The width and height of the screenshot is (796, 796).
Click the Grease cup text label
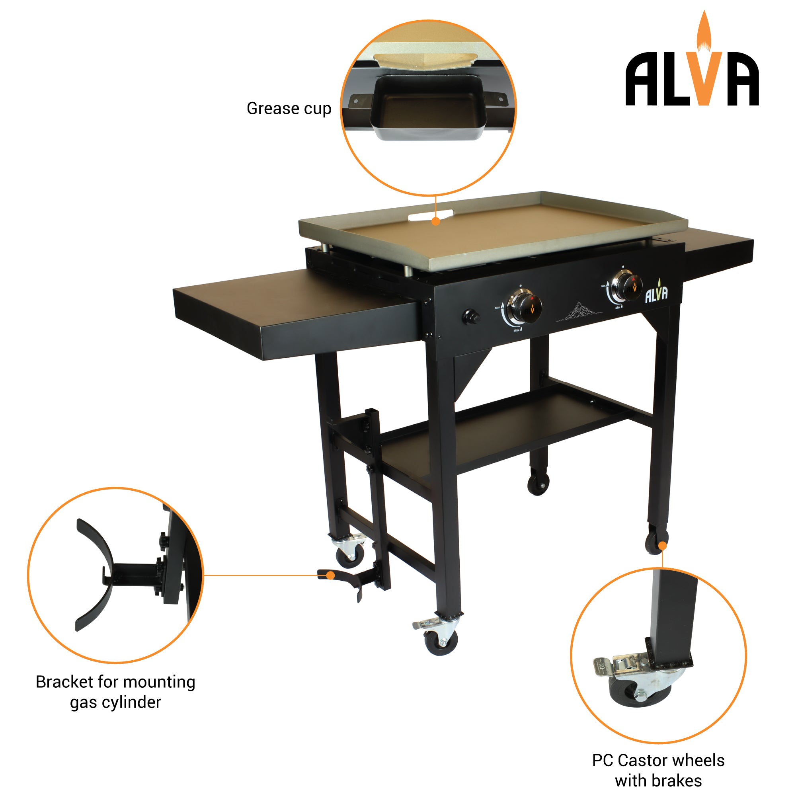pos(289,109)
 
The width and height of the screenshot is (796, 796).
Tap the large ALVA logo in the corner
pos(692,78)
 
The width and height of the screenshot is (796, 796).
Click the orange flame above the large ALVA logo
pos(704,31)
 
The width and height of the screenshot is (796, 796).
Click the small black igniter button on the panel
pos(471,317)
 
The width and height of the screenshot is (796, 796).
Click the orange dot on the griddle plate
pos(435,221)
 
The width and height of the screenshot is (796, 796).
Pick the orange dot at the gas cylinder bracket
pos(330,575)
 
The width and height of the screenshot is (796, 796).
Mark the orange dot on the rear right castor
pos(663,546)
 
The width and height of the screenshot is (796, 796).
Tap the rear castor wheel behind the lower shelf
pos(538,484)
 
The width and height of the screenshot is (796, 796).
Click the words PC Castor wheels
pos(658,760)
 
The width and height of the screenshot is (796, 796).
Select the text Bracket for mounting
pos(115,682)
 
